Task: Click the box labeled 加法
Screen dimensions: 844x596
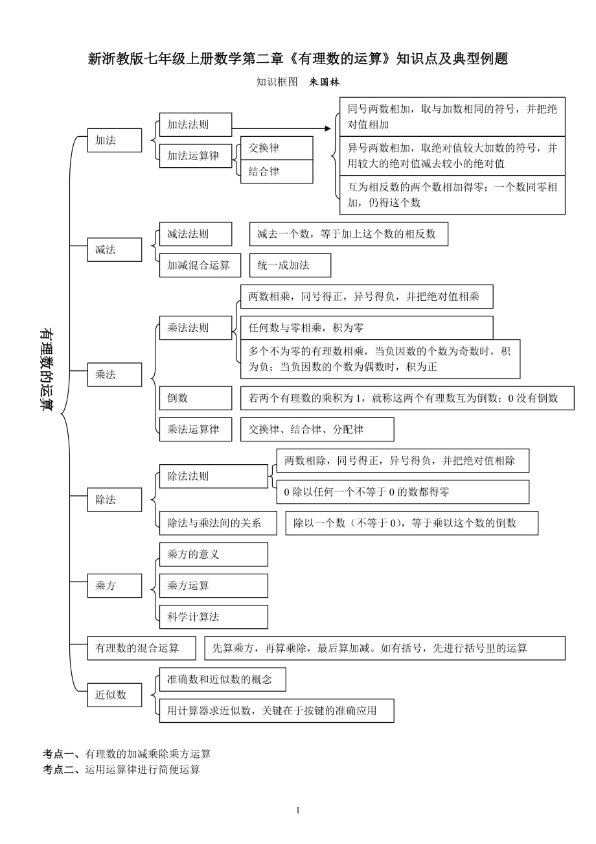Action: coord(114,140)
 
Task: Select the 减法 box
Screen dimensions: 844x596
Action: coord(114,250)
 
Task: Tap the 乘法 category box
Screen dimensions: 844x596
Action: coord(114,375)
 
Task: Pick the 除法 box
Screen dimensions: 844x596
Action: coord(114,500)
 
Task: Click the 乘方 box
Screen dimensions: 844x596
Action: coord(114,585)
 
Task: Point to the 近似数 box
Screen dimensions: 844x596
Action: coord(114,695)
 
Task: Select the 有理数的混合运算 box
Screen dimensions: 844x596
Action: coord(141,648)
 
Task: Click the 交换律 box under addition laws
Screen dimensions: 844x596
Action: coord(277,148)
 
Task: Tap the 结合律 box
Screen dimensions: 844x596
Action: coord(277,172)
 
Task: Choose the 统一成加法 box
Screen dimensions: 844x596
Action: coord(290,265)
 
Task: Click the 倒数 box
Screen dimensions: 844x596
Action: coord(195,398)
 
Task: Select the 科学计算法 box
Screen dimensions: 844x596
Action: coord(213,616)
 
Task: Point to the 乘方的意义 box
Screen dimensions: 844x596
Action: coord(213,554)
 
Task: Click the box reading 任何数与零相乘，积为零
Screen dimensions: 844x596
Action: coord(366,328)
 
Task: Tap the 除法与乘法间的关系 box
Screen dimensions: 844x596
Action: coord(218,523)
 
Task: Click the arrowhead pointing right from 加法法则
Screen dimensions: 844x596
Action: coord(327,128)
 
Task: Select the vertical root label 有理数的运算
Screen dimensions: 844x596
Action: coord(47,369)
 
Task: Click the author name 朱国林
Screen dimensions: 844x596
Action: coord(325,82)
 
